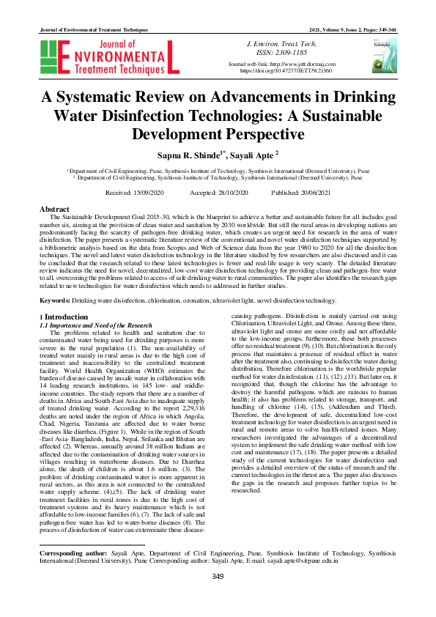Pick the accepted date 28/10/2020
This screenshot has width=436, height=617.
(x=231, y=191)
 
